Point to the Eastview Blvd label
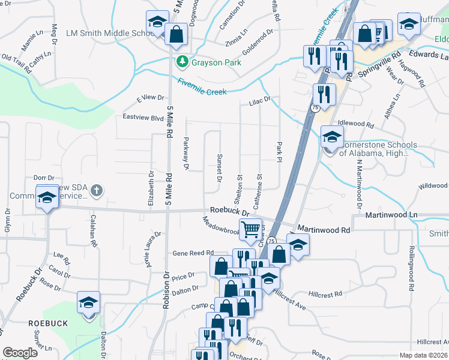click(x=143, y=118)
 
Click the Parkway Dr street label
click(x=186, y=155)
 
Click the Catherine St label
click(x=259, y=191)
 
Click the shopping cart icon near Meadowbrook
click(x=250, y=229)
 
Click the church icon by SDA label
click(x=96, y=191)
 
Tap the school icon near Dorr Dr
click(x=46, y=198)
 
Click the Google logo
click(x=20, y=353)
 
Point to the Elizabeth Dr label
click(x=150, y=190)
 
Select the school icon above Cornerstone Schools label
click(x=331, y=137)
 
